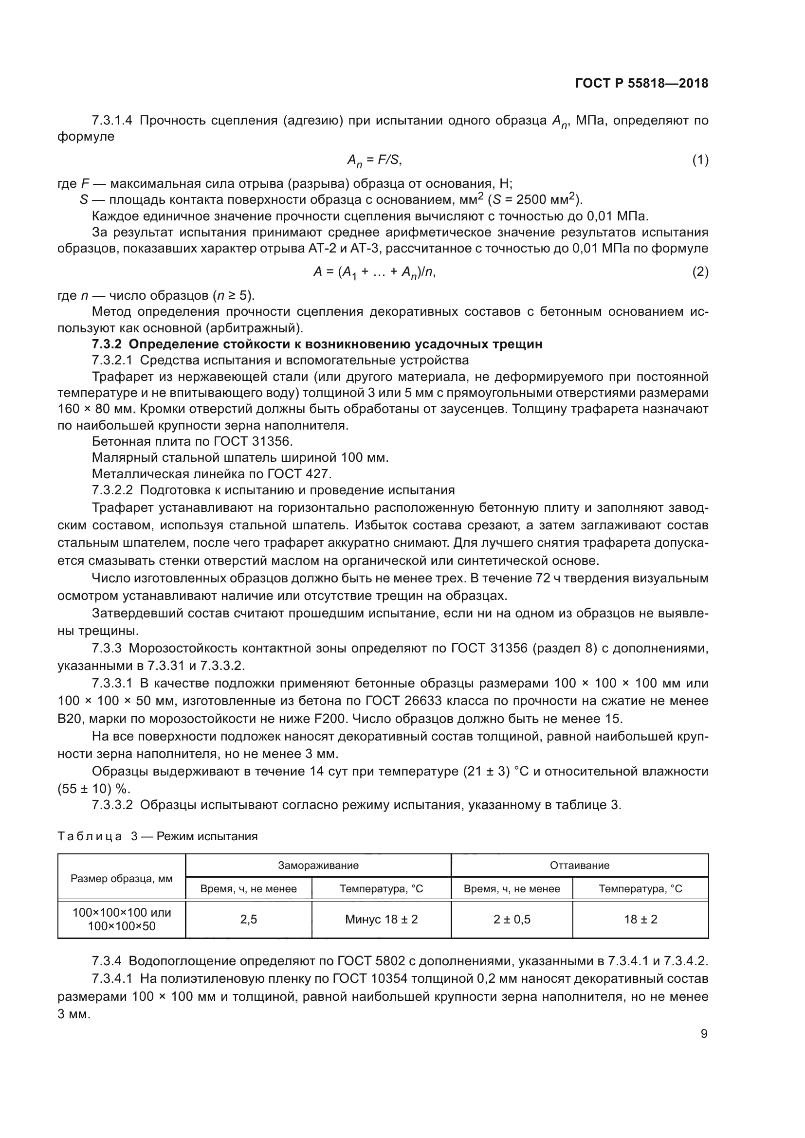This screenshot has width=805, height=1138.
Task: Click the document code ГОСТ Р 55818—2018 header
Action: (641, 83)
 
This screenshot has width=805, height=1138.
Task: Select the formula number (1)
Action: (700, 160)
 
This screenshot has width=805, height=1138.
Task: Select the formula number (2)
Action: (700, 271)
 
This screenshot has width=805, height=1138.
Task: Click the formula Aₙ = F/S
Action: (374, 160)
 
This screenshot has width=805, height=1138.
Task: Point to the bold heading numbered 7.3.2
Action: (317, 344)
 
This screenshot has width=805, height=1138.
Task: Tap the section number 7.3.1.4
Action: (112, 121)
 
